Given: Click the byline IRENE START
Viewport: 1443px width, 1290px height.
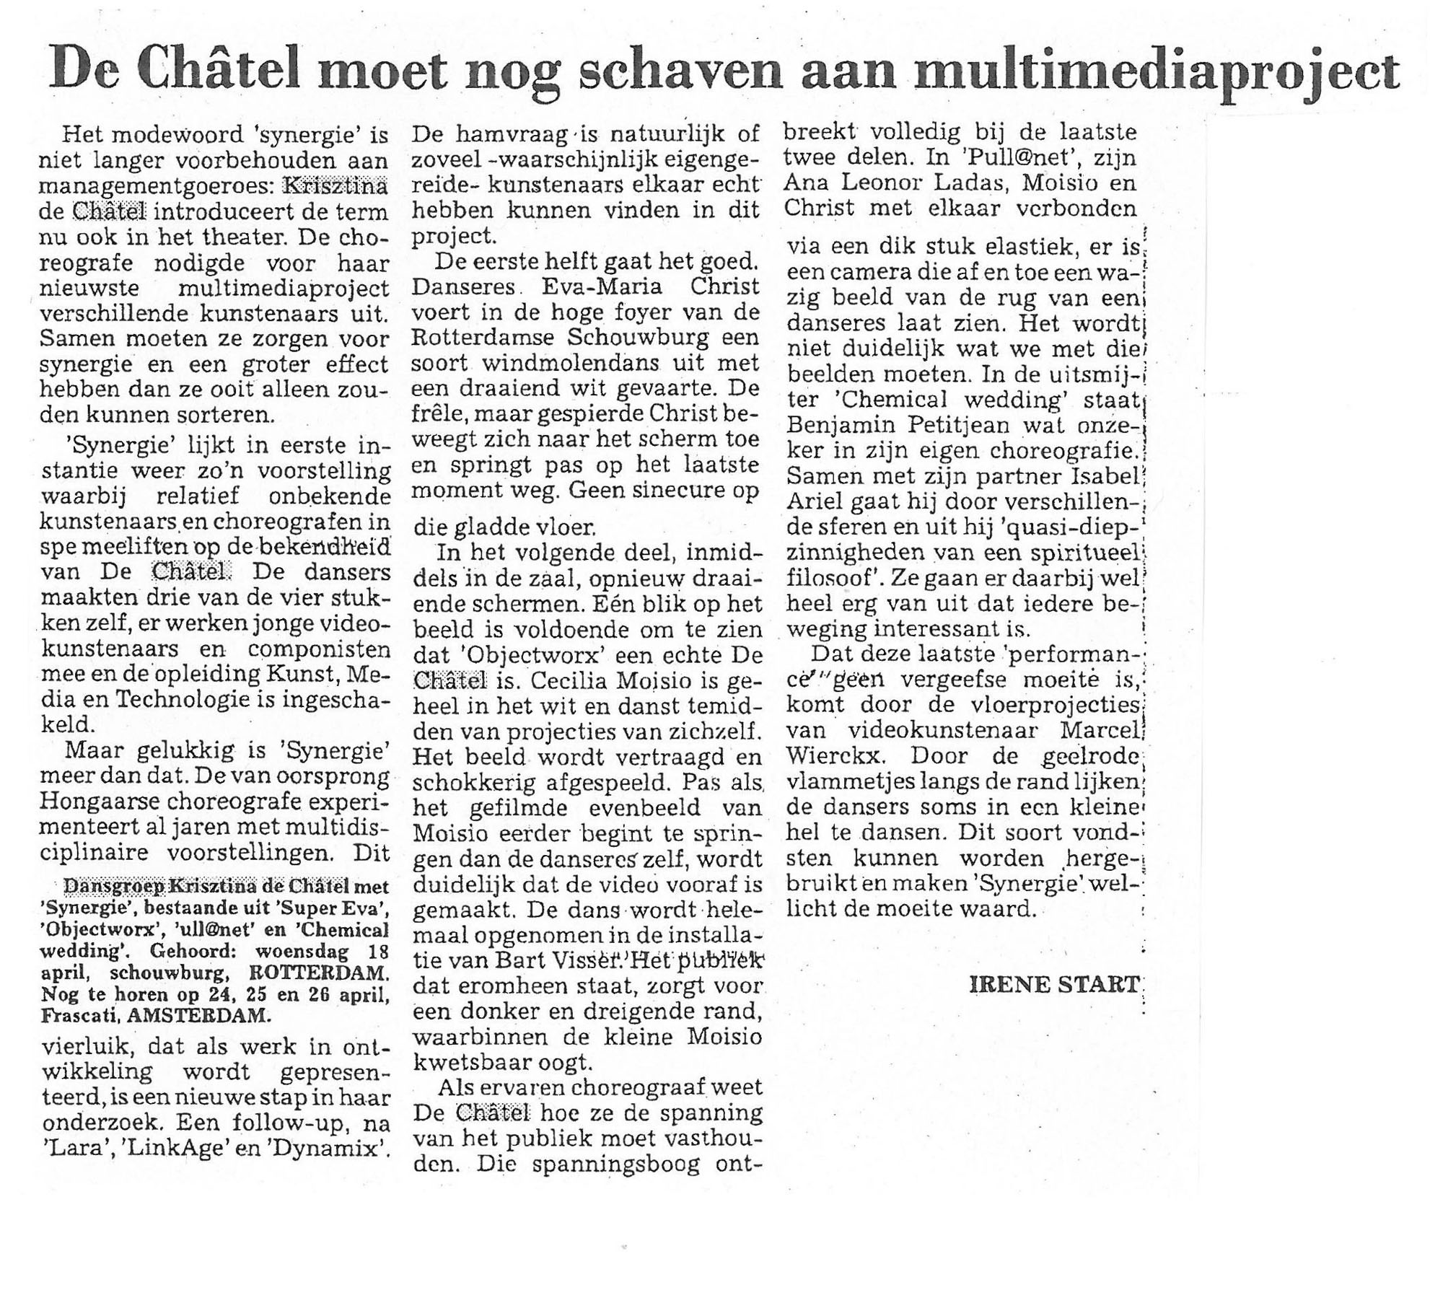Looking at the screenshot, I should tap(1054, 984).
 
